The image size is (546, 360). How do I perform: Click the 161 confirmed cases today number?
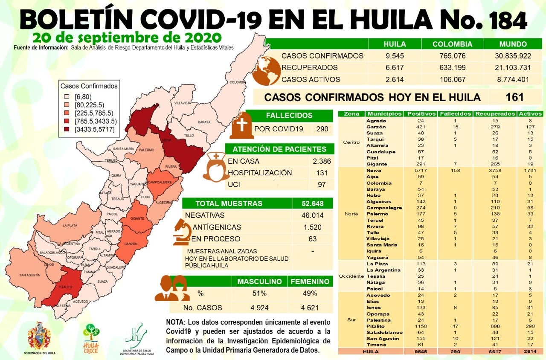point(514,97)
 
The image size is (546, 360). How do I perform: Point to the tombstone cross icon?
point(242,125)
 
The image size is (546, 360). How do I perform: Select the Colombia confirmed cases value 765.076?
point(452,56)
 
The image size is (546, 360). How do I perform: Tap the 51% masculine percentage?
point(259,293)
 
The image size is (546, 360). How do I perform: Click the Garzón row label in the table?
point(376,127)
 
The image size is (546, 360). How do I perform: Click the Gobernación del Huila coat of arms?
point(39,337)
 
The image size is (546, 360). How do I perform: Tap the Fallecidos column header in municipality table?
point(456,114)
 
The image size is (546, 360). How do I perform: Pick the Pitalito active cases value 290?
point(530,326)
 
